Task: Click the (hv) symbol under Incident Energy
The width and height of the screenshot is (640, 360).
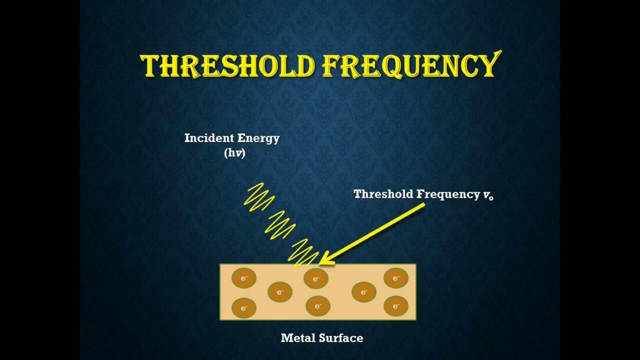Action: point(234,153)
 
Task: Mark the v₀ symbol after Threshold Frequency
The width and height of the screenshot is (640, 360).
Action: point(488,195)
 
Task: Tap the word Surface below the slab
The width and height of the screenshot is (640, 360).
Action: point(341,338)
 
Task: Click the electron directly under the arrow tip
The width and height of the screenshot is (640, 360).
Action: point(316,279)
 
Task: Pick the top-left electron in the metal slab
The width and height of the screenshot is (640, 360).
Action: point(244,278)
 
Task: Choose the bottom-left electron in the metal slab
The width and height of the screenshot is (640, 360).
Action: point(244,308)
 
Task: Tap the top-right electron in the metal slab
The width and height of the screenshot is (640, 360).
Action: point(396,278)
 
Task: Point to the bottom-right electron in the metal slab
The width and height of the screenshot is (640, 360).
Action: point(396,305)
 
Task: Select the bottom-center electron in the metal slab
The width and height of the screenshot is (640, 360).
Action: point(318,305)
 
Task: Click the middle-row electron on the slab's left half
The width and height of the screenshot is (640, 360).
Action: point(280,292)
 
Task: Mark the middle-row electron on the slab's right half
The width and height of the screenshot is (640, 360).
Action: point(364,292)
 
